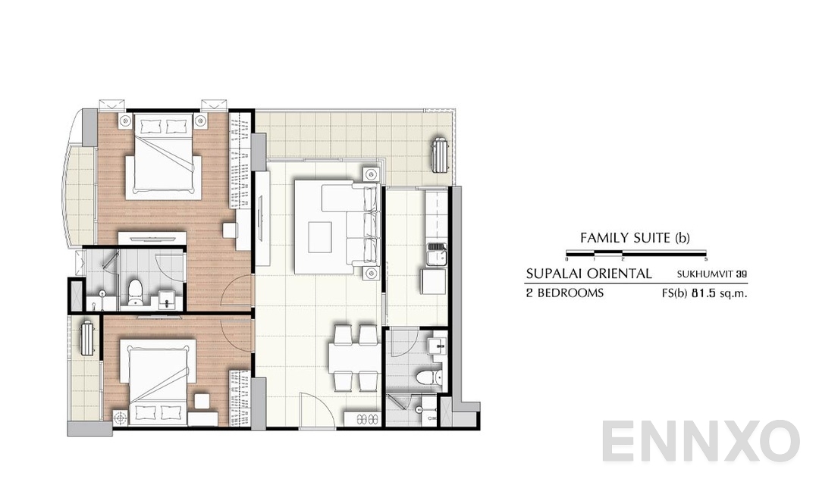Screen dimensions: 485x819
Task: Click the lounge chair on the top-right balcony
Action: pos(438,155)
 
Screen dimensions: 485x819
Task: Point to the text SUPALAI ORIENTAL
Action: pos(588,274)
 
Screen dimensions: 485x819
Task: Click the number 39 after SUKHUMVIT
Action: pos(741,274)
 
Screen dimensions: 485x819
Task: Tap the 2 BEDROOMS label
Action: pos(565,293)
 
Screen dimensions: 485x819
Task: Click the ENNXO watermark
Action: pos(701,442)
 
